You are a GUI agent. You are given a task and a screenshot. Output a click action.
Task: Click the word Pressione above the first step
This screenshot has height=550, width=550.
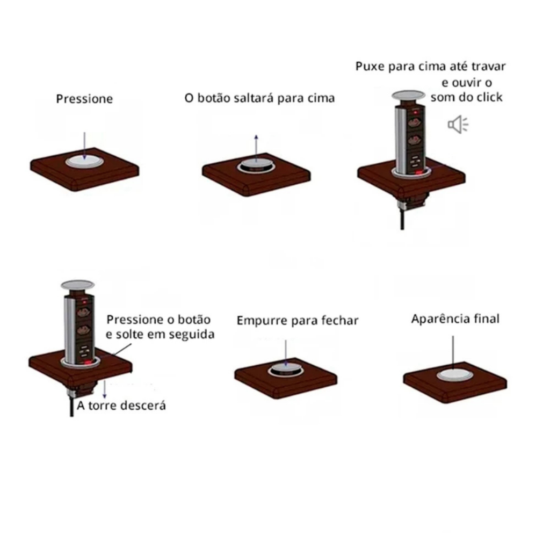(x=84, y=99)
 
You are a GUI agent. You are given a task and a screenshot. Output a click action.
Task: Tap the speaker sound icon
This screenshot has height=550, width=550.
(x=458, y=125)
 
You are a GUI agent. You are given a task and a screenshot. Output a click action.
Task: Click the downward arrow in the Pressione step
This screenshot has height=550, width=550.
(x=84, y=146)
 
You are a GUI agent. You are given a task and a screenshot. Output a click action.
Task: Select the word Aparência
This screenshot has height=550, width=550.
(x=440, y=319)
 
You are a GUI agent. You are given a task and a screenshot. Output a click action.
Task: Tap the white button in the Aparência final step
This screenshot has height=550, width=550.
(x=454, y=375)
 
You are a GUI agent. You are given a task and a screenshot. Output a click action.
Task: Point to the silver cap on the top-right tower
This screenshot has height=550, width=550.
(x=408, y=95)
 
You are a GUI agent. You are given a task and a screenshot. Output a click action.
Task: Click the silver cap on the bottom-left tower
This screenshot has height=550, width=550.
(x=77, y=285)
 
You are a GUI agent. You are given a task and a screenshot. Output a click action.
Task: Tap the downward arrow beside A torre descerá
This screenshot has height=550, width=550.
(x=105, y=389)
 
